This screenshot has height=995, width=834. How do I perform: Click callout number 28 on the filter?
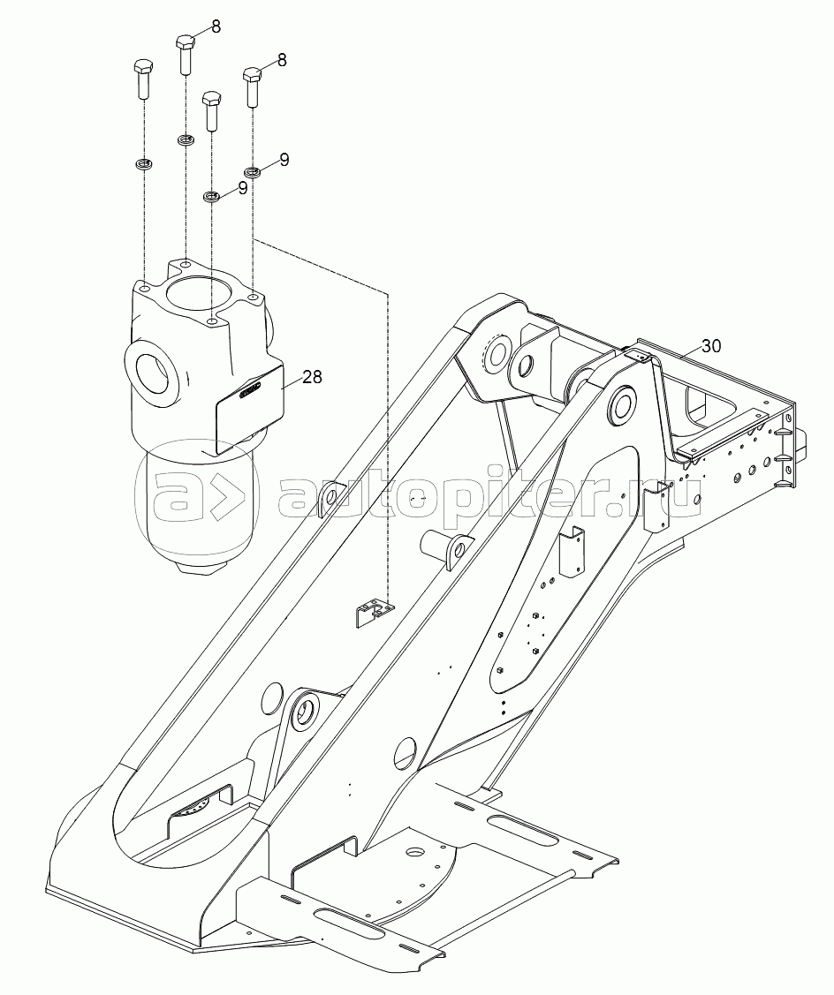point(312,377)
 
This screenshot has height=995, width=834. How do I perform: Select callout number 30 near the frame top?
point(711,346)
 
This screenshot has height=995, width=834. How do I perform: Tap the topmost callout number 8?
point(216,27)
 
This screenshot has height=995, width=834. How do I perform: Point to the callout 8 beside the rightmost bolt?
point(282,60)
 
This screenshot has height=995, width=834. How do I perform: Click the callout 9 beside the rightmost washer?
point(284,160)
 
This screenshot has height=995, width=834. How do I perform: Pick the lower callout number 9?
point(241,187)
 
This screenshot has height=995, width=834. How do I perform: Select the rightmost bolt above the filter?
point(253,87)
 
